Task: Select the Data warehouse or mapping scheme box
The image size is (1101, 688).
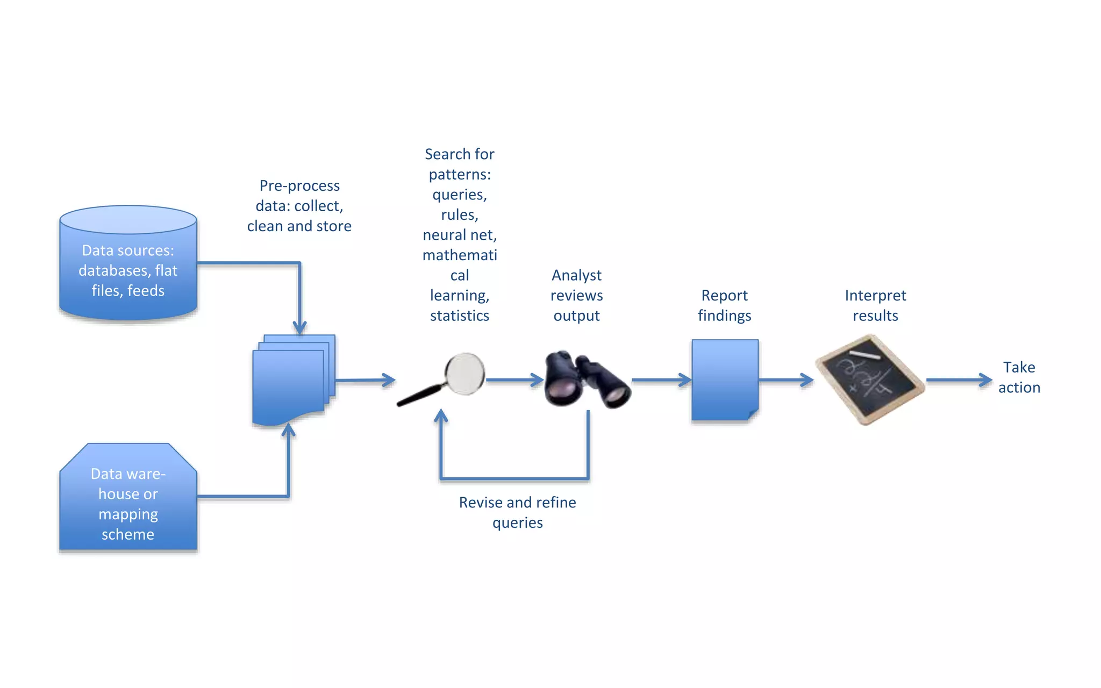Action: coord(128,500)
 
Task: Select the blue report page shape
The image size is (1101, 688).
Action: coord(725,379)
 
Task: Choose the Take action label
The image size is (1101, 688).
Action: coord(1019,377)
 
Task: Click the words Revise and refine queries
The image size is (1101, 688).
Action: coord(517,512)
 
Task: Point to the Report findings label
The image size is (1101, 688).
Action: coord(724,305)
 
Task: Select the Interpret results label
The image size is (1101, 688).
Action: coord(875,305)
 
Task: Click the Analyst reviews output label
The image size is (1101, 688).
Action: coord(576,295)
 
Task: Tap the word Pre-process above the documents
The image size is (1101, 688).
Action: coord(299,185)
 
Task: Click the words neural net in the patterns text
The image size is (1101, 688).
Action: coord(460,235)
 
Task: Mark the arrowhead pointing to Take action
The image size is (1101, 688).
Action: coord(986,380)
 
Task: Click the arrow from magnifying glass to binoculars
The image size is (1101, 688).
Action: coord(513,380)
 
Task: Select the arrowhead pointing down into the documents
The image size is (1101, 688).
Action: coord(299,327)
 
